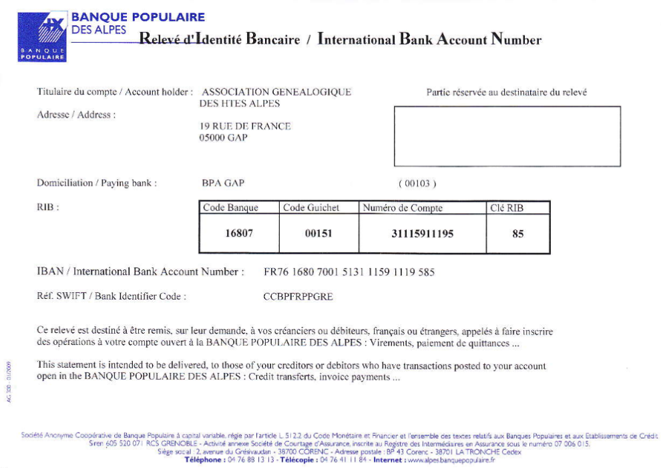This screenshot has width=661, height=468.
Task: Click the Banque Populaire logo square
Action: (x=43, y=36)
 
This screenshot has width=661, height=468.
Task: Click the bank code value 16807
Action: (x=240, y=234)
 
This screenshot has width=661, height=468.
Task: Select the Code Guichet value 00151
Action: (x=318, y=234)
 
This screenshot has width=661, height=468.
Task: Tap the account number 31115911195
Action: (x=422, y=234)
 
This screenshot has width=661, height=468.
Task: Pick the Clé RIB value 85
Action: (x=517, y=234)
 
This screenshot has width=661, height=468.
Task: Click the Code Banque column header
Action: (x=230, y=208)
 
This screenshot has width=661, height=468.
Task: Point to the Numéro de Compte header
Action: (x=403, y=208)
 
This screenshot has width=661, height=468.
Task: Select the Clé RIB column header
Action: (x=507, y=208)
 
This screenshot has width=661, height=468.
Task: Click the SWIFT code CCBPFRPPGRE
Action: (x=298, y=297)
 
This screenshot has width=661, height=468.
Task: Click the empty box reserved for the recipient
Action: (x=507, y=136)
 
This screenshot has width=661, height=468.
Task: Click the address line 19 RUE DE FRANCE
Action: (x=245, y=126)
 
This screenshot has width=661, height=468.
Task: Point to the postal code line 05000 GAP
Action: (x=223, y=138)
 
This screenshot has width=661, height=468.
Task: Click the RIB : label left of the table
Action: (x=48, y=208)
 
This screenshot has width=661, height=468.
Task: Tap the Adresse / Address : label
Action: (x=76, y=115)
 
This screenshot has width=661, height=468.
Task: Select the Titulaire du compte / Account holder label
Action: (x=115, y=92)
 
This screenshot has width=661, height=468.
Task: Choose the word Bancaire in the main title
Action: (x=273, y=39)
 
